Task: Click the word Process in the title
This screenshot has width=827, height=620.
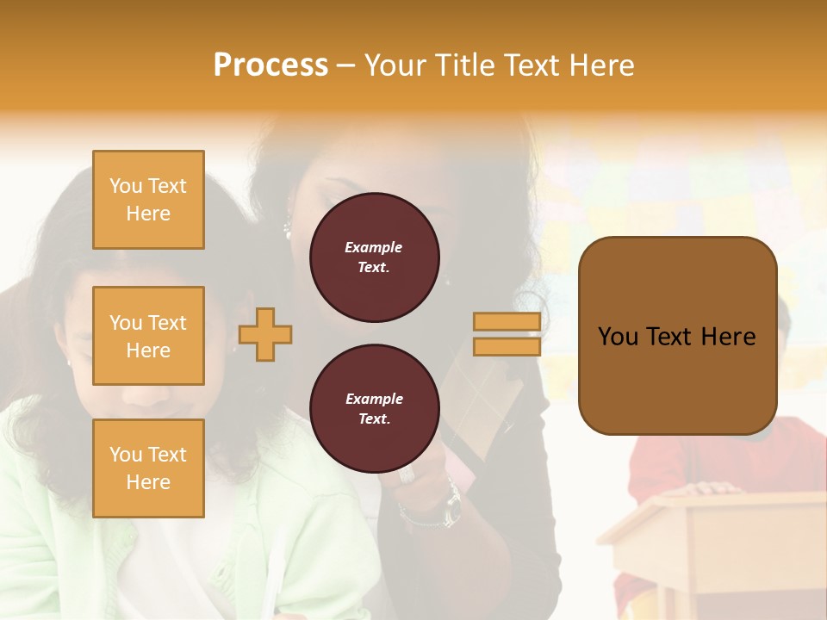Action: coord(270,65)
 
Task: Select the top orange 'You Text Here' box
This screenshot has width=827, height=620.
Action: coord(148,200)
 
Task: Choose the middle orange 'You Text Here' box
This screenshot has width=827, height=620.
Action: coord(148,336)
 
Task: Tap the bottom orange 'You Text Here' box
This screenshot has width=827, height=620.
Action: coord(148,468)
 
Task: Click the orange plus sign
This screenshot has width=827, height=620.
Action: coord(265,335)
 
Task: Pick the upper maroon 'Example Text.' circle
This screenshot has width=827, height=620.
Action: coord(374,257)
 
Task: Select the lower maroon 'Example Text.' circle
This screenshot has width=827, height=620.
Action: coord(374,409)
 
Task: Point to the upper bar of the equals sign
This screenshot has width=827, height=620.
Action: coord(507,322)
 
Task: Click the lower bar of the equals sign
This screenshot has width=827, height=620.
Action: coord(507,346)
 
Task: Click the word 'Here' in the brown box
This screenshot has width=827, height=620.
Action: coord(728,337)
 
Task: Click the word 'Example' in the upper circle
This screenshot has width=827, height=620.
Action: coord(374,248)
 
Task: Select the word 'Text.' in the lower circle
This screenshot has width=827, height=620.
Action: coord(374,419)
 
